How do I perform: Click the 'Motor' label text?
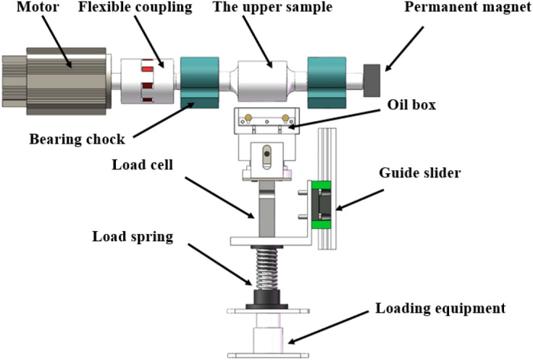click(38, 7)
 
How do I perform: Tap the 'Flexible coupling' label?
click(135, 7)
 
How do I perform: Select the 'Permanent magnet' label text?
click(468, 7)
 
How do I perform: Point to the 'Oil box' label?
click(411, 105)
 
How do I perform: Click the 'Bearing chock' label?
click(77, 139)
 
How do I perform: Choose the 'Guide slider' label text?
click(420, 172)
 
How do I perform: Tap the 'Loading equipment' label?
click(440, 309)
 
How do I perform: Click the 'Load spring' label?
click(133, 237)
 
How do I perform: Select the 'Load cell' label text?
click(143, 165)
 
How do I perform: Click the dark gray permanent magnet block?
click(372, 80)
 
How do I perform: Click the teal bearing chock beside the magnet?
click(327, 83)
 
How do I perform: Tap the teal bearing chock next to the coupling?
click(200, 83)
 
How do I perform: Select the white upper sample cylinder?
click(261, 81)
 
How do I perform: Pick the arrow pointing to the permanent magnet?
click(405, 49)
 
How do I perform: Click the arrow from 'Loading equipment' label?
click(327, 327)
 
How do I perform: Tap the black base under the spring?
click(266, 300)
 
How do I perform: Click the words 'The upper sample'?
click(272, 7)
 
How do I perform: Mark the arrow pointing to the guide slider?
click(360, 200)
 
